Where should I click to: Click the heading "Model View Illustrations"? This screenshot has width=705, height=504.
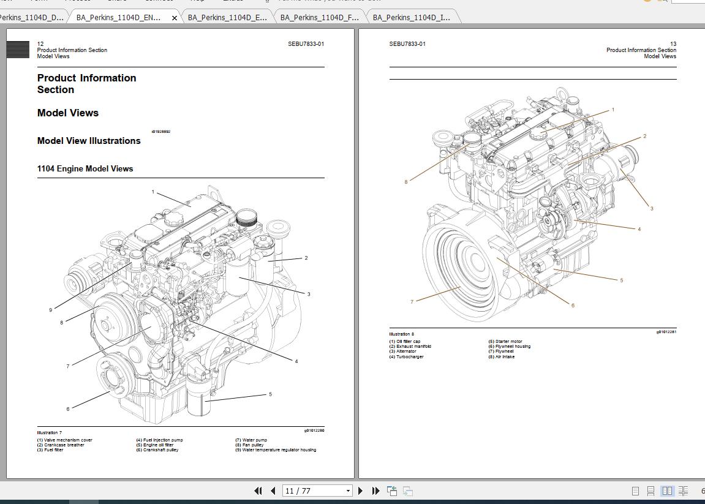point(89,141)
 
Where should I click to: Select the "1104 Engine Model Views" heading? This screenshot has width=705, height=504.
point(85,169)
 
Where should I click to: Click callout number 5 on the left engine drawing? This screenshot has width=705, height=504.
point(270,394)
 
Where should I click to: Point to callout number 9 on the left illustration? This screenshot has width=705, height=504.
point(51,310)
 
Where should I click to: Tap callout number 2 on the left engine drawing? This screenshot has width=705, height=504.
point(306,258)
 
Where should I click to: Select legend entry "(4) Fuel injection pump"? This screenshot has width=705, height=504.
point(159,440)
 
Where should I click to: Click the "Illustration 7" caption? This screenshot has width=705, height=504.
point(50,433)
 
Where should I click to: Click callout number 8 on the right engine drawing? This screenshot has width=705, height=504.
point(405,182)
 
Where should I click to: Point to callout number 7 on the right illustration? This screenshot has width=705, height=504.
point(412,301)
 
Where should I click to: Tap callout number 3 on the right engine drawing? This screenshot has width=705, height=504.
point(652,208)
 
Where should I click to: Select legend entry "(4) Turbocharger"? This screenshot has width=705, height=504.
point(406,357)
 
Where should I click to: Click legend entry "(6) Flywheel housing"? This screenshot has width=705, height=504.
point(509,347)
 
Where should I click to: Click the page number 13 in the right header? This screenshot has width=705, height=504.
point(673,44)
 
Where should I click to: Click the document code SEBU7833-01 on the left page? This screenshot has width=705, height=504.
point(306,44)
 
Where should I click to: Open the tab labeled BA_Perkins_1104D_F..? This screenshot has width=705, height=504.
point(319,18)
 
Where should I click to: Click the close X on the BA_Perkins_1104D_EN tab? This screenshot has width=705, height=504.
point(175,18)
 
